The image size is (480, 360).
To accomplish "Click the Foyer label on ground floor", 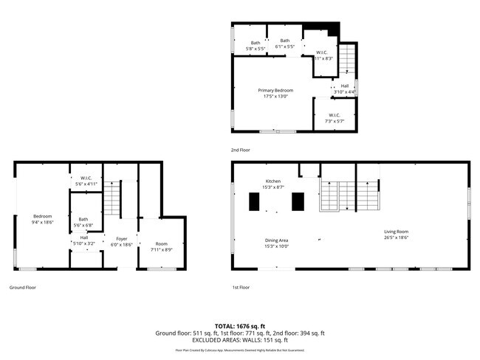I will point(121,240).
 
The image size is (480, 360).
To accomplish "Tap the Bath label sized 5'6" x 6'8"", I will point(83,222).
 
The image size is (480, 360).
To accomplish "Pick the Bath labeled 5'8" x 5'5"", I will point(256,44).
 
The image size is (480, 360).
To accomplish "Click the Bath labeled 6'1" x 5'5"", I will point(284,44).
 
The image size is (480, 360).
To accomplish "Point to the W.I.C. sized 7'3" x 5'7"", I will point(334,117).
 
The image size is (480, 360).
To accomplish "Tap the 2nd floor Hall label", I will point(344,89).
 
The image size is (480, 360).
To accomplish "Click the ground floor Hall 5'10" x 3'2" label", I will point(83,240).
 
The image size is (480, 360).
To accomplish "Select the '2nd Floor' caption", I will point(241,150).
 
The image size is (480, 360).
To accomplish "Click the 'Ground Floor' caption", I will point(22,287).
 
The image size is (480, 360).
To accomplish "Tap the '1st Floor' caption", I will point(241,287).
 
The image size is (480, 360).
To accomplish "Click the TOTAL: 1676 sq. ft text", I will point(239,325).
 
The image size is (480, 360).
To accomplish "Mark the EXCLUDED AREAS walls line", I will point(239,340).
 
